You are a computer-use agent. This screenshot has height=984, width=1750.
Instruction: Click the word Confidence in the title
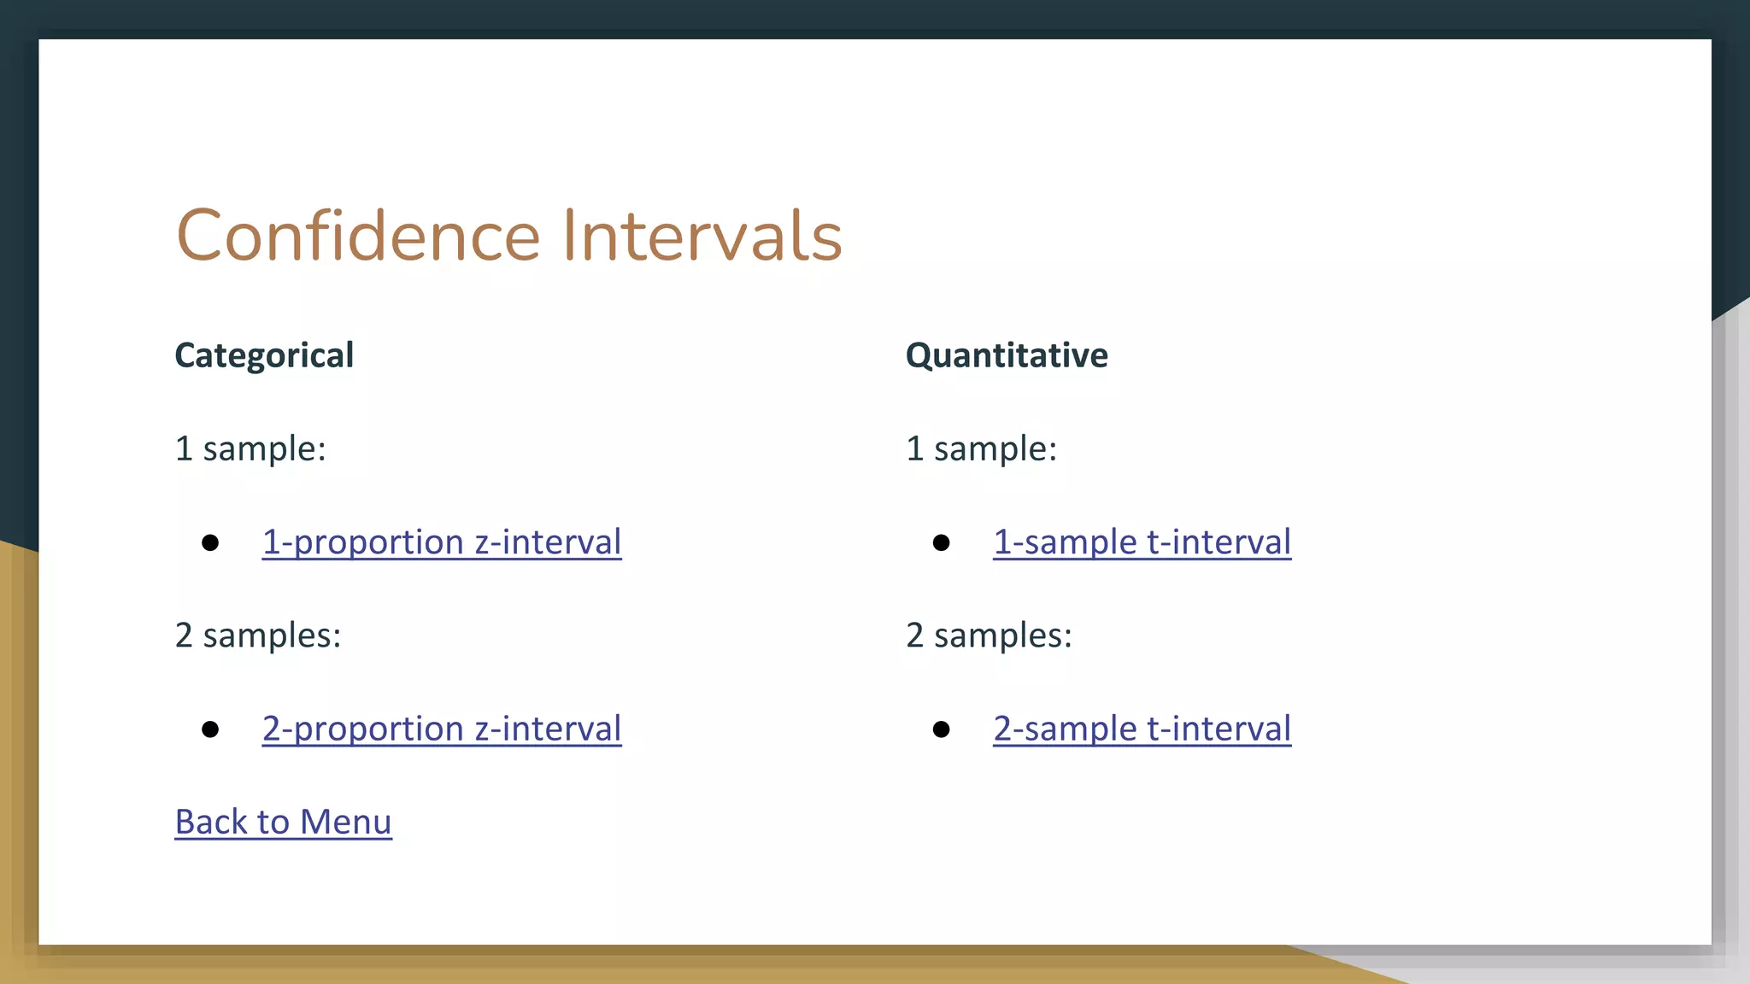358,236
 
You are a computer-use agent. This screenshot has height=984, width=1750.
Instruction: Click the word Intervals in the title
702,236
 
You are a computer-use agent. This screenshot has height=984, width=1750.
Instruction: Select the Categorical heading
264,355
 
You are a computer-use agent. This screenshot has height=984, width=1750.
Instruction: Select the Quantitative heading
1007,355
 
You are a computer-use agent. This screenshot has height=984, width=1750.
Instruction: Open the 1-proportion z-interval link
442,542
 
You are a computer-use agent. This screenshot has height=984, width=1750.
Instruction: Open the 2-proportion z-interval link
442,729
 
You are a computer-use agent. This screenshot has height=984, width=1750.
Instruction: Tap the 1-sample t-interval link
1142,542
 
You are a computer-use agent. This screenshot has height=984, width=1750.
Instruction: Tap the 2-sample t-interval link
1142,729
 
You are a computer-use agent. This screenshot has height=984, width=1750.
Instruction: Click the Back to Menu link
283,822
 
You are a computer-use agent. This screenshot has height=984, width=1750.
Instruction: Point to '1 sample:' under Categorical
250,448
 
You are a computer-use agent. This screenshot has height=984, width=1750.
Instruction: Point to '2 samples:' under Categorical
258,635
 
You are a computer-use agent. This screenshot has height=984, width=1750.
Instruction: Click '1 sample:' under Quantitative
981,448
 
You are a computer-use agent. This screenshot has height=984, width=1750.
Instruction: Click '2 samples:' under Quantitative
989,635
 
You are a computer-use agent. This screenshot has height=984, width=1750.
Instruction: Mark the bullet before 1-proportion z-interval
210,543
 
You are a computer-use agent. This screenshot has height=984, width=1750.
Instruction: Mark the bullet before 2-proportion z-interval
210,729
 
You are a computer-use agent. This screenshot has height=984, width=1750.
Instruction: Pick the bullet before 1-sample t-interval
941,543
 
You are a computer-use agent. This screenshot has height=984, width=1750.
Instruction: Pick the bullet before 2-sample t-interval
941,729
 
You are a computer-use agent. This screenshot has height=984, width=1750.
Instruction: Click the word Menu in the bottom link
345,822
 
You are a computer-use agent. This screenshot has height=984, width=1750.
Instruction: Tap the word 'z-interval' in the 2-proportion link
548,729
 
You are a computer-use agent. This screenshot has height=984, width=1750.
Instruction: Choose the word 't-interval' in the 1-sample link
1219,542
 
